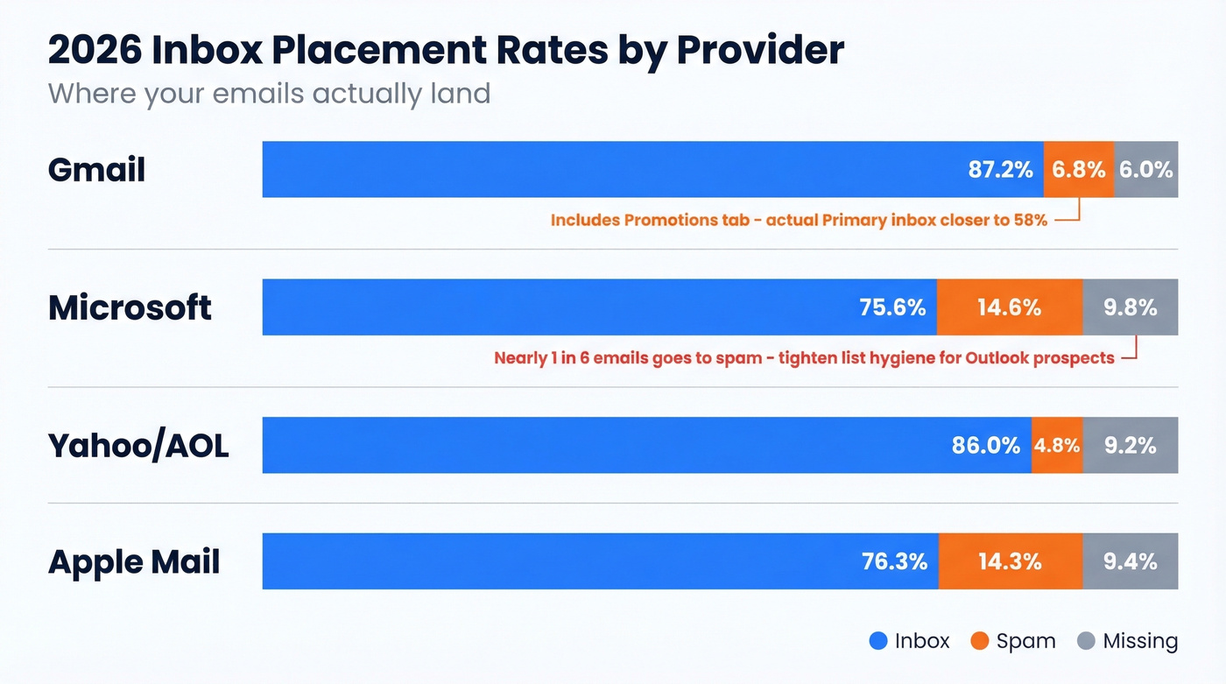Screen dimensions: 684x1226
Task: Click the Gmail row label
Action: [x=96, y=169]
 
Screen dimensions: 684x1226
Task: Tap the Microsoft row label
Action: [x=130, y=307]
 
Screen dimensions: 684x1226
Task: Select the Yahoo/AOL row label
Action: [x=138, y=446]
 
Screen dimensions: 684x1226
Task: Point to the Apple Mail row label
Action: [x=134, y=561]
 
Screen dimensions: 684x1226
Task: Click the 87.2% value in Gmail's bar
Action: [x=1000, y=170]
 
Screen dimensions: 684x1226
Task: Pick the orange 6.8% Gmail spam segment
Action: [x=1079, y=170]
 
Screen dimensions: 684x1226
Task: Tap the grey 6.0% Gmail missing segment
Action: [x=1146, y=170]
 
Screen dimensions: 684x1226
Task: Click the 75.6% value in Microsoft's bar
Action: [x=893, y=307]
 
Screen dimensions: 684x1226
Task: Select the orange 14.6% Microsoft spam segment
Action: [x=1010, y=307]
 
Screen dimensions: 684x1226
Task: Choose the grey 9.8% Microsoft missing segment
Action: [x=1131, y=307]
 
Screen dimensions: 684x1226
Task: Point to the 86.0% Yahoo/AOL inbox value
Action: [x=986, y=446]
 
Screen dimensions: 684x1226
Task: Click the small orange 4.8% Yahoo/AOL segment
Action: [x=1057, y=446]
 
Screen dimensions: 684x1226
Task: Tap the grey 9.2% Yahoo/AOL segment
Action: [x=1131, y=446]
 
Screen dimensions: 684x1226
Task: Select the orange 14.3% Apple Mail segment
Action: [x=1011, y=561]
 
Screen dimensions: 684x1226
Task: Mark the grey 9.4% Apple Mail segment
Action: [x=1131, y=561]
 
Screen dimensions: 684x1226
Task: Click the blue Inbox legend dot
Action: [x=878, y=641]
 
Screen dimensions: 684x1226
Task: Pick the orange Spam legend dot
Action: [x=980, y=641]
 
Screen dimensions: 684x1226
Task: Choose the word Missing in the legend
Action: [x=1140, y=641]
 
